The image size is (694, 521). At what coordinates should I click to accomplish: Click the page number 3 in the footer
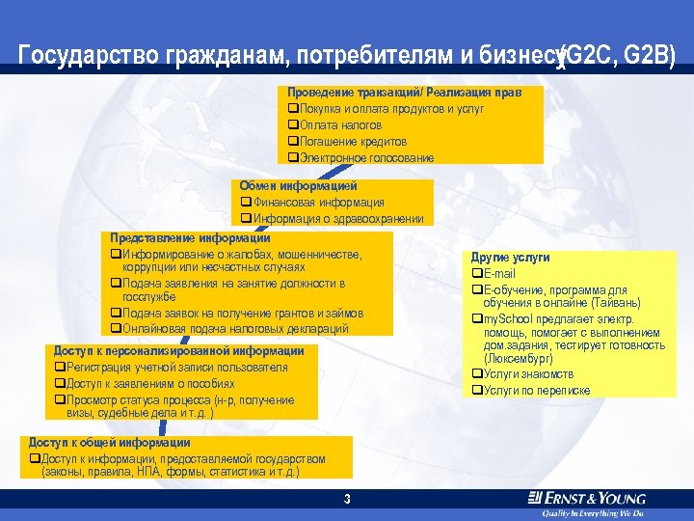click(346, 499)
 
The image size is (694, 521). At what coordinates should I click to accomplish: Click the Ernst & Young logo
click(586, 499)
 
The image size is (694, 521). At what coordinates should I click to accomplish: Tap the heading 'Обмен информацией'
click(299, 185)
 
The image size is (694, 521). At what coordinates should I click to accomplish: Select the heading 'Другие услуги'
click(510, 258)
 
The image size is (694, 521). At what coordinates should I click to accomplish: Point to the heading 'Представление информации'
click(190, 237)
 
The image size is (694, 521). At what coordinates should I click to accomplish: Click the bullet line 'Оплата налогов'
click(339, 125)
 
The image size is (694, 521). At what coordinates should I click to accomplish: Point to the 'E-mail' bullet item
click(498, 274)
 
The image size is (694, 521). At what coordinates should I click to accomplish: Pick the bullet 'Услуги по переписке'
click(536, 390)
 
